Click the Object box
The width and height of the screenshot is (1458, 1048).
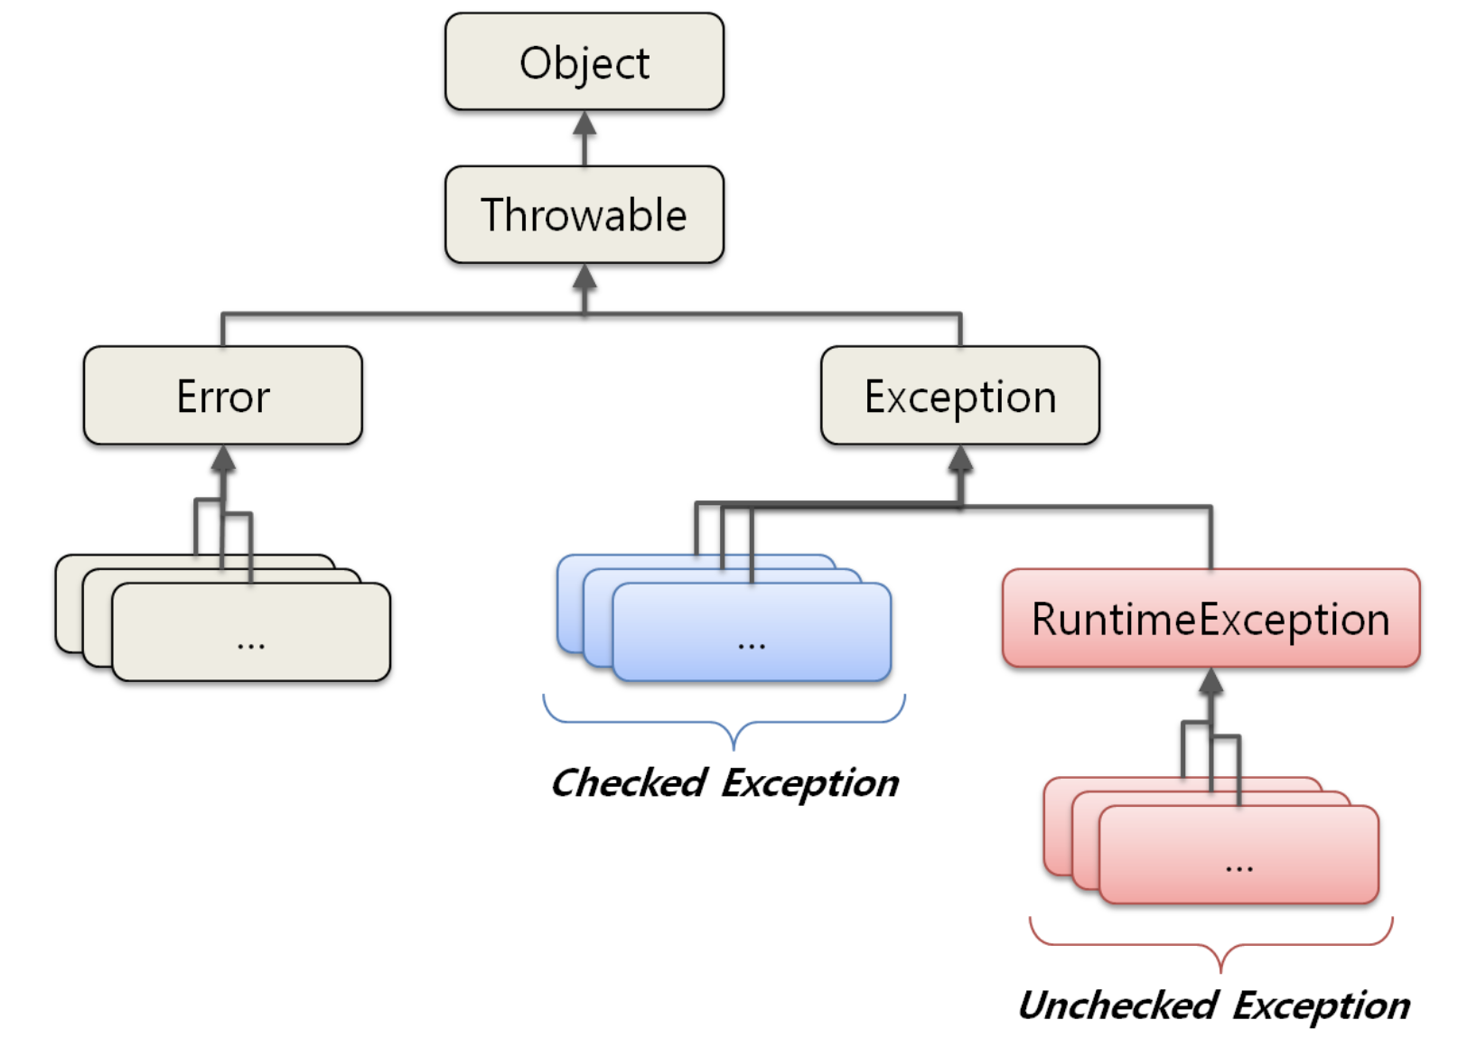(584, 62)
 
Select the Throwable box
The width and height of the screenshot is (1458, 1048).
(584, 215)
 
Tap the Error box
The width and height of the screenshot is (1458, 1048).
(223, 396)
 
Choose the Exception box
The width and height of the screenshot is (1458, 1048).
(959, 396)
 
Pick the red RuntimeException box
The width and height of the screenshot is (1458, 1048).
(1210, 619)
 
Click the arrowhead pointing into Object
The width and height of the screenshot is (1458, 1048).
(584, 123)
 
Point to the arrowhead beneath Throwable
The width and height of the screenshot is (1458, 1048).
(584, 276)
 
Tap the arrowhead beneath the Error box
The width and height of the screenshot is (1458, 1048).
(223, 458)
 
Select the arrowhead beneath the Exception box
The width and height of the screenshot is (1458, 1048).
(960, 458)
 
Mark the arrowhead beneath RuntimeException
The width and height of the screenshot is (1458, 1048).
(1211, 681)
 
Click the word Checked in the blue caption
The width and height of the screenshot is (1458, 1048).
(629, 782)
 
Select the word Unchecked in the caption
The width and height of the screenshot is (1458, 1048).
(1118, 1005)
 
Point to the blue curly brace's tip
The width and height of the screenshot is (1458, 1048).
(734, 746)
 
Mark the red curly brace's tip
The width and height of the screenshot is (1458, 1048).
(1220, 969)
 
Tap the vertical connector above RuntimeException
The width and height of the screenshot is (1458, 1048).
(1210, 538)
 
